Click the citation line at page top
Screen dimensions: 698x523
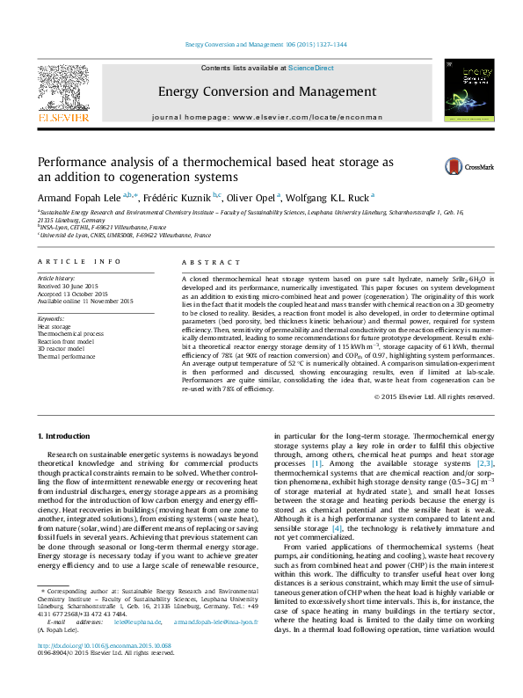(261, 45)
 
